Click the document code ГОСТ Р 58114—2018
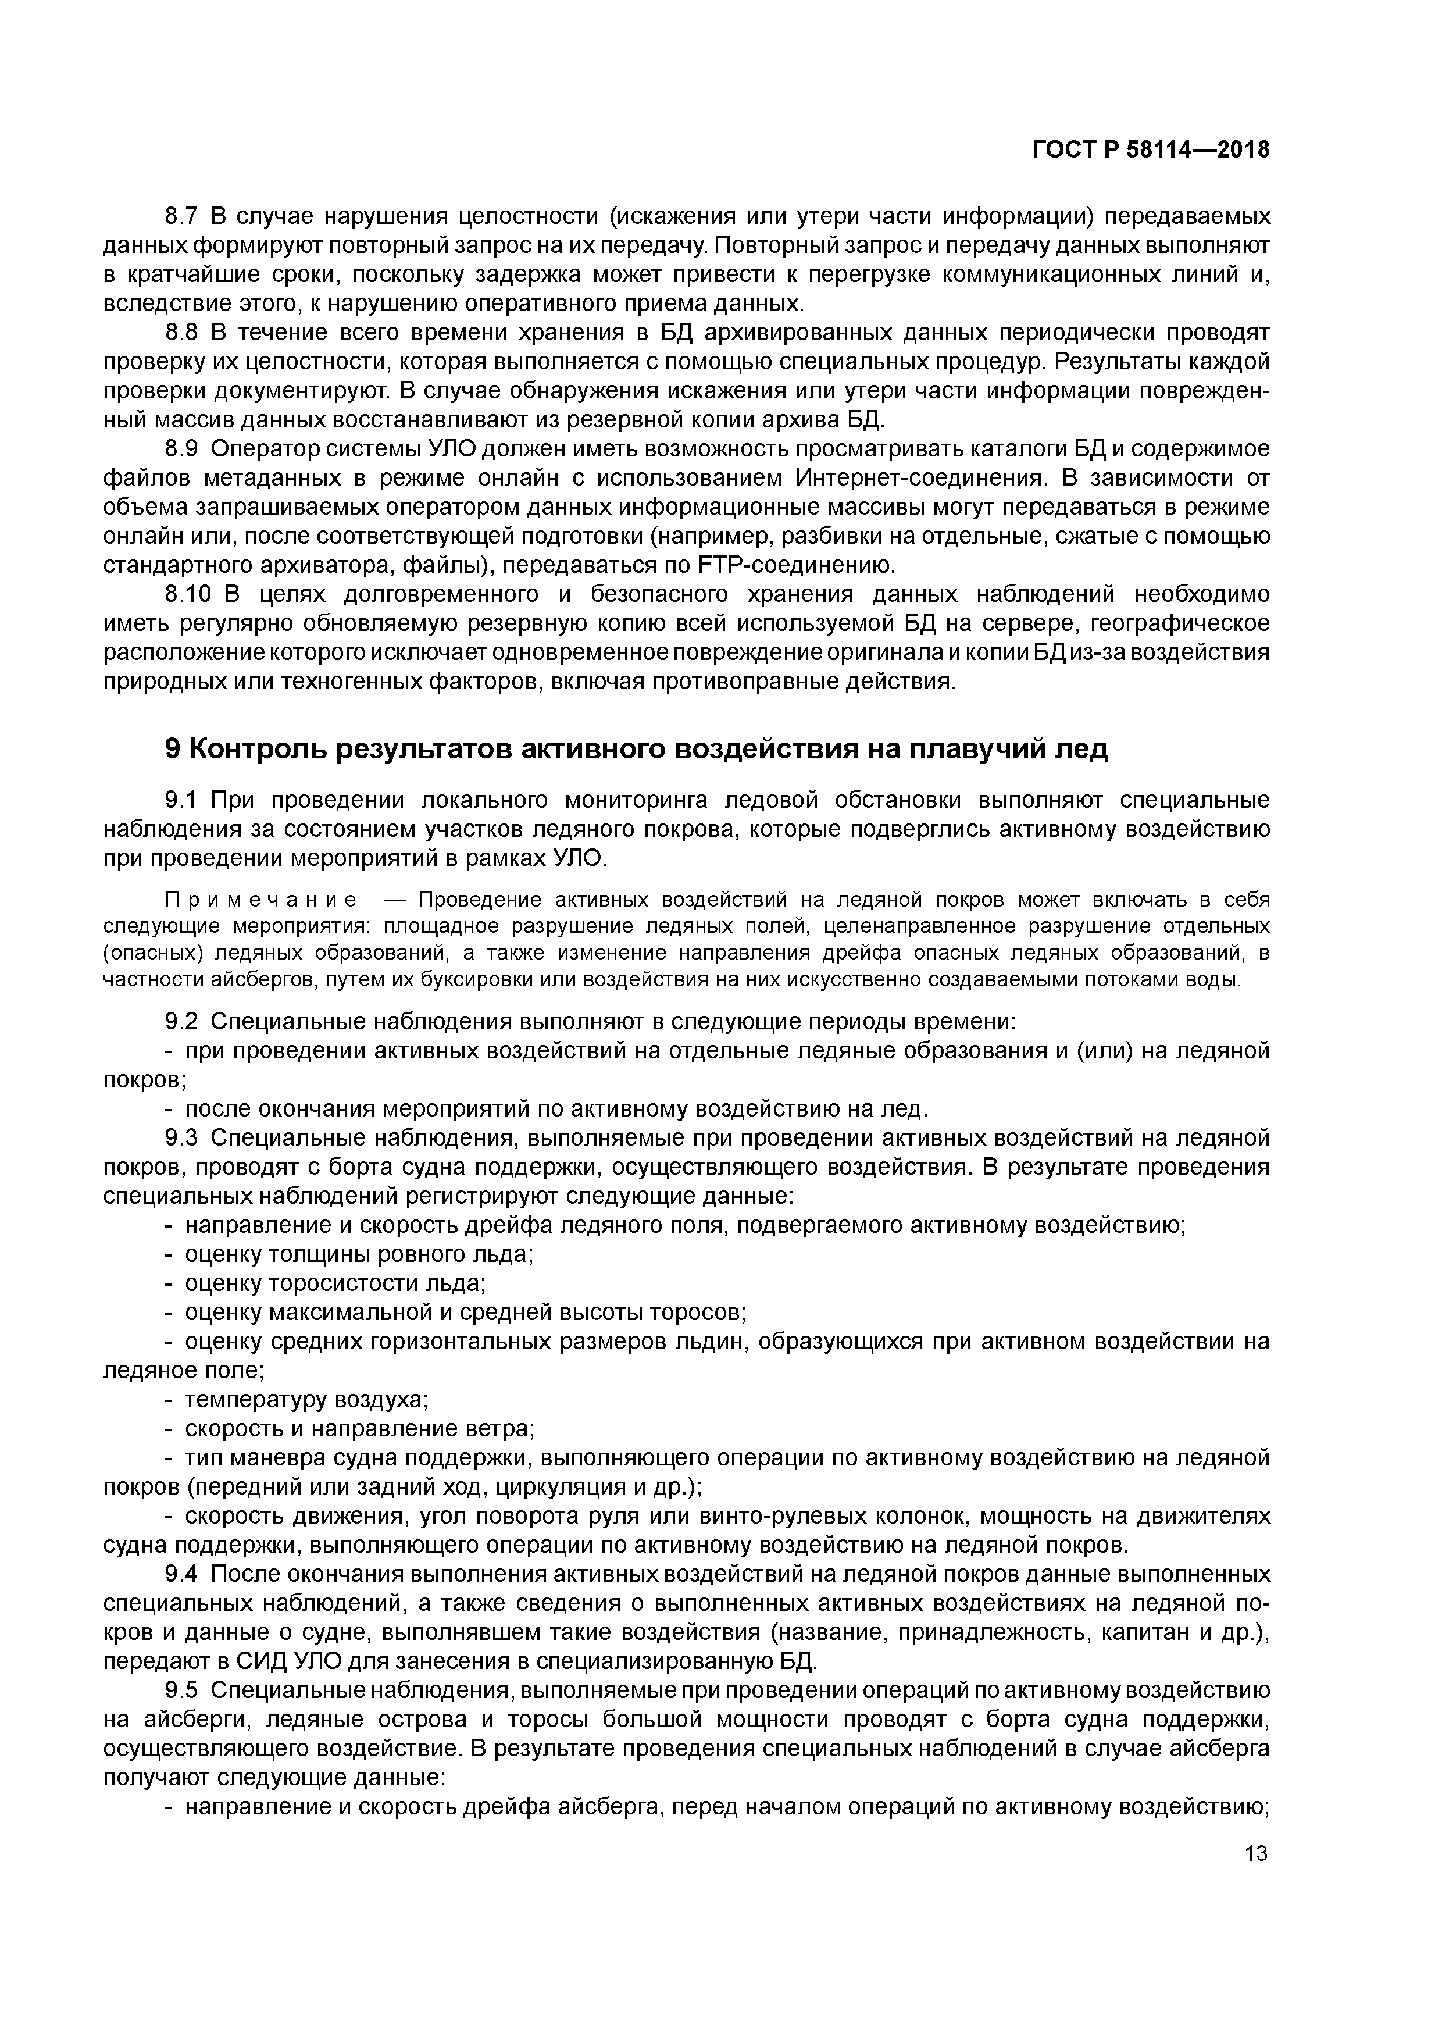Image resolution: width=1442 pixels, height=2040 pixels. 1151,150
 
